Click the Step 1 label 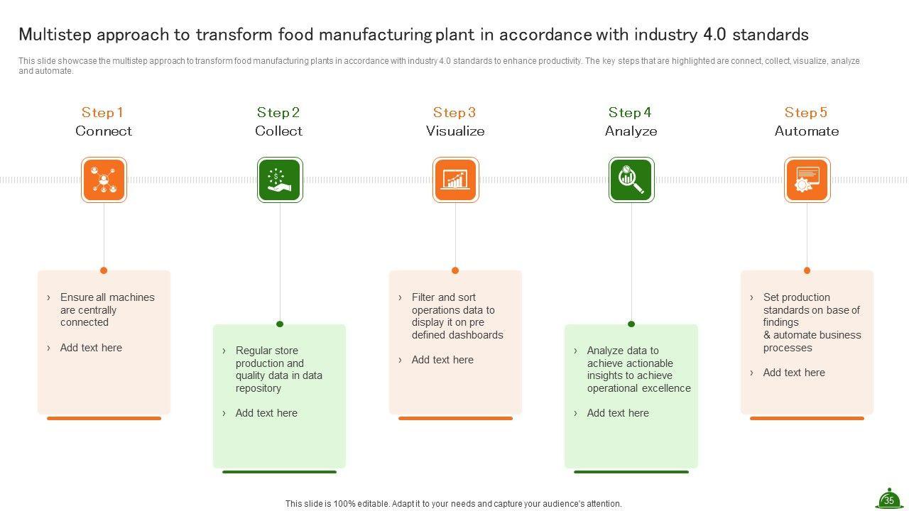(102, 112)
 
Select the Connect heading (104, 131)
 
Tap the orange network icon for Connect (104, 180)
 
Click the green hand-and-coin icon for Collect (280, 180)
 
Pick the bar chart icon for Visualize (455, 180)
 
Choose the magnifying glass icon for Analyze (631, 180)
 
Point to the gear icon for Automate (807, 180)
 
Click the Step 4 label (630, 112)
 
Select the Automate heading (807, 131)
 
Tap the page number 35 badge (888, 500)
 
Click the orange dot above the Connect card (104, 270)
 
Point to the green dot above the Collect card (280, 324)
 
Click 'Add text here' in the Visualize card (442, 360)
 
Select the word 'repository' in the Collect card (258, 388)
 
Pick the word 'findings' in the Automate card (781, 322)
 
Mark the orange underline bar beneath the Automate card (807, 419)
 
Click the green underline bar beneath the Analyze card (631, 471)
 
